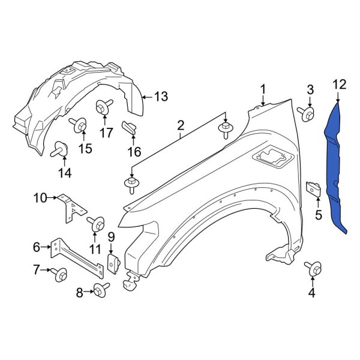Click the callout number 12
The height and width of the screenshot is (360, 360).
(x=339, y=85)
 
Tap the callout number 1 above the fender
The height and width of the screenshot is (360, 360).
(x=262, y=89)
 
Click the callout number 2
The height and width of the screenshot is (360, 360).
(x=179, y=125)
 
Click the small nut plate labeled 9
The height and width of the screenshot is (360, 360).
(x=112, y=262)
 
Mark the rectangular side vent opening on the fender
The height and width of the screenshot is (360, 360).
(x=271, y=158)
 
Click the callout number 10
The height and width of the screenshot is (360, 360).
(x=40, y=197)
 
